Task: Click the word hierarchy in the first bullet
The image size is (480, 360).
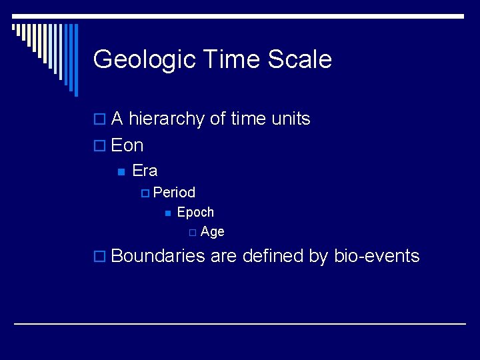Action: pos(166,119)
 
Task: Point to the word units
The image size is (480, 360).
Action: pos(291,119)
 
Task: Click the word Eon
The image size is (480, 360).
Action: pos(127,145)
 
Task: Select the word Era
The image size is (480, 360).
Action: pos(145,171)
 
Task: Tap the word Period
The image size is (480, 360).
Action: pos(174,193)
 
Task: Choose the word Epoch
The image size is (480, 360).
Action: pos(195,213)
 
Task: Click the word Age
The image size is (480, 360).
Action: pos(212,232)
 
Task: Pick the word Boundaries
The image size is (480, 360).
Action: pos(158,256)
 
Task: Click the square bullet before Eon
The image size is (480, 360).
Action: pos(100,146)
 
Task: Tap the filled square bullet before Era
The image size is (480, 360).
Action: pos(120,171)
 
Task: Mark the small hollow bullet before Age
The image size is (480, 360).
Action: pos(191,233)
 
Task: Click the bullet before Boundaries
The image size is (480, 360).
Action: pos(100,257)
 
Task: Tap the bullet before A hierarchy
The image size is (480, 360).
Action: pos(100,120)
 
